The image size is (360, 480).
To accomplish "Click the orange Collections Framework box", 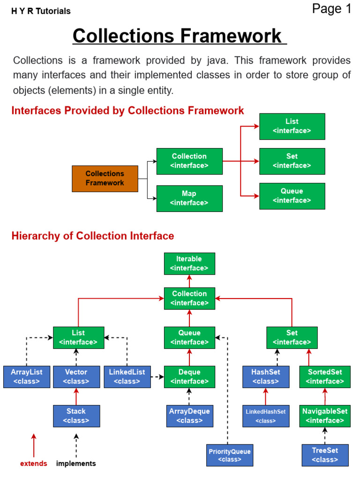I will coord(105,179).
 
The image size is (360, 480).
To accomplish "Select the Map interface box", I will coord(189,198).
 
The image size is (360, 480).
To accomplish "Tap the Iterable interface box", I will coord(189,263).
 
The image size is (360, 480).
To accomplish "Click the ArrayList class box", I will coord(26,376).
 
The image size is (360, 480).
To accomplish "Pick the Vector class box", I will coord(76,376).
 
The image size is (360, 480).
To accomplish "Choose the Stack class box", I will coord(76,416).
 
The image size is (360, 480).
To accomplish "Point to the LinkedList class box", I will coord(127,376).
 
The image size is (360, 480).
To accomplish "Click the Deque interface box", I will coord(189,376).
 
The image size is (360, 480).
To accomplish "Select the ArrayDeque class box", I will coord(189,416).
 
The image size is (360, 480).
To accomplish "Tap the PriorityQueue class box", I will coord(230,455).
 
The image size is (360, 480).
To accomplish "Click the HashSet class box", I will coord(266,376).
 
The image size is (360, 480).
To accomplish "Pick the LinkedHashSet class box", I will coord(266,416).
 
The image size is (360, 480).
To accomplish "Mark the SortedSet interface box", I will coord(325,376).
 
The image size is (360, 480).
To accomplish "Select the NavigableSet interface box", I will coord(325,416).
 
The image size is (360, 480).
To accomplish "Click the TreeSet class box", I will coord(325,455).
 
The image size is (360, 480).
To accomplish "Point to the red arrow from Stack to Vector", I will coord(76,397).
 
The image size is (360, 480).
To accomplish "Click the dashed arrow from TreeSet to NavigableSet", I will coord(325,435).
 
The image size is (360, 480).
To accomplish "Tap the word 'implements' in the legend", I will coord(76,464).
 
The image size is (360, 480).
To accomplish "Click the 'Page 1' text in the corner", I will coord(331,9).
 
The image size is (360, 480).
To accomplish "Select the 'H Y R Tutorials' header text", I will coord(41,11).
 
